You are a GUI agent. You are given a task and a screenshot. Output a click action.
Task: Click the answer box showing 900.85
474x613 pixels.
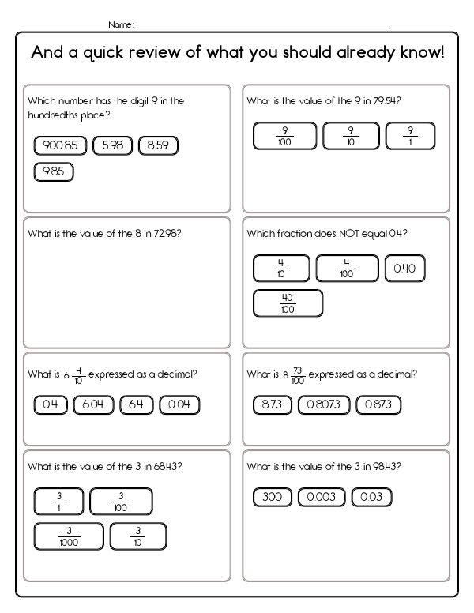(x=61, y=146)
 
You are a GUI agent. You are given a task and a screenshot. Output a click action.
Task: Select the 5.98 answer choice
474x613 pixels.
(x=111, y=146)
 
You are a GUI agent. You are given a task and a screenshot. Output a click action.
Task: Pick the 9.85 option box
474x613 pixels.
(x=54, y=171)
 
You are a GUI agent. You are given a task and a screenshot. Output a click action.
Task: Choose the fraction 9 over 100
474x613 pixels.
(x=284, y=135)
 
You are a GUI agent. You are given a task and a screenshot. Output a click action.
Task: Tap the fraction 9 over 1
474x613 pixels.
(x=410, y=135)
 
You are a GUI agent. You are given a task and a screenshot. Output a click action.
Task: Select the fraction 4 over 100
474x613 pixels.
(x=347, y=269)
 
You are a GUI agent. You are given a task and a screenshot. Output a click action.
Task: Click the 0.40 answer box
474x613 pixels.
(x=404, y=269)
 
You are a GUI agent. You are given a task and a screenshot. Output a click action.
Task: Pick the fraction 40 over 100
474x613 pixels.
(x=288, y=303)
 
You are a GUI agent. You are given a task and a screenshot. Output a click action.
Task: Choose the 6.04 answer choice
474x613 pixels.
(x=93, y=405)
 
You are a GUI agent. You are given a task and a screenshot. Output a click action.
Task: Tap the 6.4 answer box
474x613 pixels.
(x=135, y=405)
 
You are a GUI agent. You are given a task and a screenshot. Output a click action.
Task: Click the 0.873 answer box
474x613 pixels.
(x=378, y=405)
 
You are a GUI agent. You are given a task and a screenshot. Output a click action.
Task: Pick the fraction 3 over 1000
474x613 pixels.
(x=69, y=536)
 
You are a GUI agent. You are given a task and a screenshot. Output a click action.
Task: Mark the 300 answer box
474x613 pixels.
(x=273, y=497)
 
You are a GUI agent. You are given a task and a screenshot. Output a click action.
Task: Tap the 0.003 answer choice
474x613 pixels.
(x=321, y=497)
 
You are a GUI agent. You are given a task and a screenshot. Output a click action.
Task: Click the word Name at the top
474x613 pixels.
(x=120, y=24)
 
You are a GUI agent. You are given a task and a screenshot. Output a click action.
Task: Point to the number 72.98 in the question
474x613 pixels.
(x=164, y=234)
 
